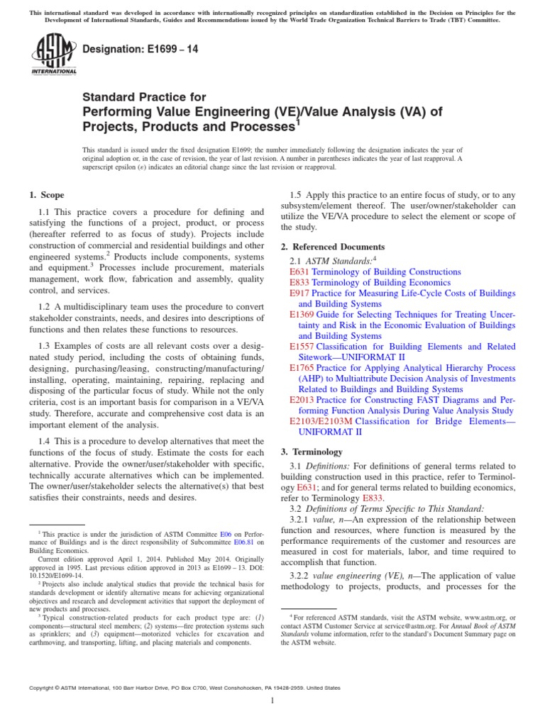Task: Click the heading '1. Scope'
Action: point(47,195)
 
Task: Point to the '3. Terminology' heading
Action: point(312,452)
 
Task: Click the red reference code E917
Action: point(299,293)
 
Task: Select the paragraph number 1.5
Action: point(298,195)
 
